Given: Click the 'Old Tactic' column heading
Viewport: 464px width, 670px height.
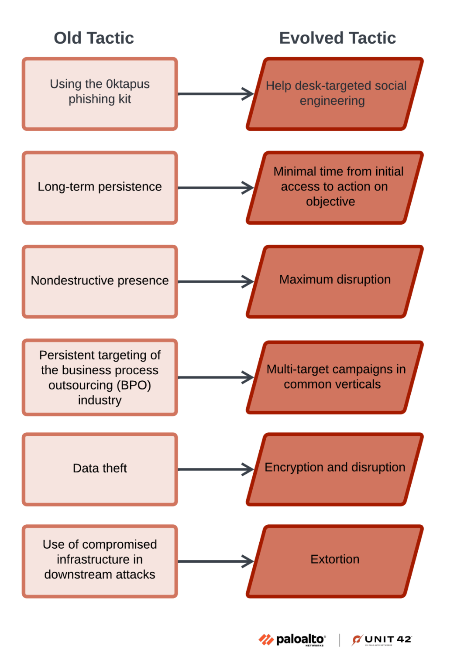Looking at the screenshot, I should (x=94, y=38).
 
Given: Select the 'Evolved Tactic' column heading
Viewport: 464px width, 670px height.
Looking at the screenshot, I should (x=337, y=38).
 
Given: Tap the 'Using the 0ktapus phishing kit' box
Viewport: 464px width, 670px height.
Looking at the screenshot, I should (x=100, y=94).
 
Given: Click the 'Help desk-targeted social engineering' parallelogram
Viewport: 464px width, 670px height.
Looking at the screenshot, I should (x=335, y=94).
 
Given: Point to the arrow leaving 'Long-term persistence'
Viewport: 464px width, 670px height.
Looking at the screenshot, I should (x=216, y=188).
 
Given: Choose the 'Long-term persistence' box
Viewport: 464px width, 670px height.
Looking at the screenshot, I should (x=100, y=188).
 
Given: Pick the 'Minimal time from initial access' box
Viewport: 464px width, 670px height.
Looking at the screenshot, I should (x=335, y=188).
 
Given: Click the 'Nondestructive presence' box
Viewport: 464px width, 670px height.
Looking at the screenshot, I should (x=100, y=281).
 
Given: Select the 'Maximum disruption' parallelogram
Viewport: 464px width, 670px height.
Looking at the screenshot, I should (x=335, y=281).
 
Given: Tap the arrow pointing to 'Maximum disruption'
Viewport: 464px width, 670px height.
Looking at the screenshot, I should (x=216, y=282).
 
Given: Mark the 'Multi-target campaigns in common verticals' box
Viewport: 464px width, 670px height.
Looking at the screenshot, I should (x=335, y=377).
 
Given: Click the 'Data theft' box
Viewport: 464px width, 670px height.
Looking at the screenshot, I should (x=100, y=469).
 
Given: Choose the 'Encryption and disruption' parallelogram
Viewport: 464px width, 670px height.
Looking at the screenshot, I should (x=335, y=469).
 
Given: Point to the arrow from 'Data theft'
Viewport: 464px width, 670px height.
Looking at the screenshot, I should (x=216, y=470).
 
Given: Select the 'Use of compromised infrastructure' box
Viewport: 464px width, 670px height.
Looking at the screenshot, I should (x=100, y=561).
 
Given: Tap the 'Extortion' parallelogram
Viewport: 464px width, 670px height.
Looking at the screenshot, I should (x=335, y=561).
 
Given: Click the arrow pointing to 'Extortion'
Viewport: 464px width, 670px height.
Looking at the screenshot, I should (x=216, y=561).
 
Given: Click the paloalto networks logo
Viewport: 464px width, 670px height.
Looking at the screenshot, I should (x=292, y=640).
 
